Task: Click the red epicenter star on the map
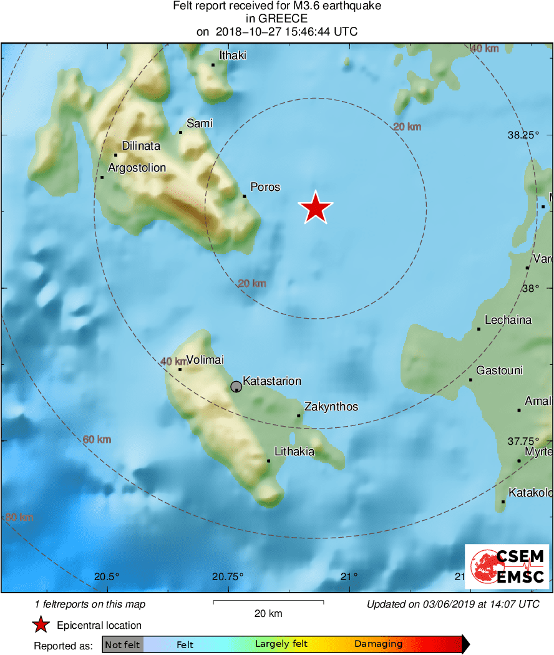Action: pos(316,208)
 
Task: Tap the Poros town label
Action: pos(265,187)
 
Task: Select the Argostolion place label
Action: pos(137,168)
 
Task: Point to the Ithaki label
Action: pos(233,56)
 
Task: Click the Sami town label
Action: pos(200,124)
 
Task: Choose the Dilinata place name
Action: pos(141,146)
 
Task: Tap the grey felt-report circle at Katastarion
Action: pos(236,387)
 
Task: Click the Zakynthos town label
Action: pos(331,407)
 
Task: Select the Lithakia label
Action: pos(294,452)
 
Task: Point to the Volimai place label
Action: pos(205,360)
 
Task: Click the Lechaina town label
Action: pos(508,320)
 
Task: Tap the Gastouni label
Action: pos(499,371)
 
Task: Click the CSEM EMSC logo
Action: pos(507,566)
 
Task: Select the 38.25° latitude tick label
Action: pos(522,135)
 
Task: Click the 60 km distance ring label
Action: pos(97,440)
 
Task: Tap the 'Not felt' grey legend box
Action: pos(122,644)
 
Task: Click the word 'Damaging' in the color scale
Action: pos(378,644)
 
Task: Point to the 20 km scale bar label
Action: pos(268,613)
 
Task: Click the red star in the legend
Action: pos(41,625)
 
